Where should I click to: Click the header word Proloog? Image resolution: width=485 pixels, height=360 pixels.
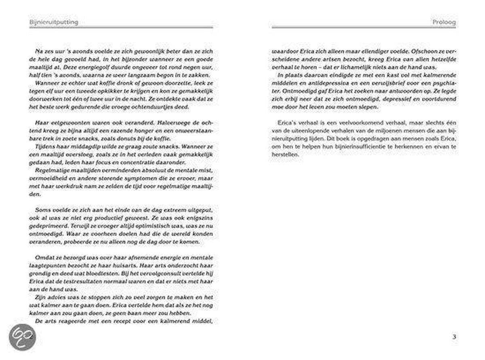click(x=444, y=23)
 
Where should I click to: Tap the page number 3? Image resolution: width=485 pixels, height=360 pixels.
click(x=454, y=337)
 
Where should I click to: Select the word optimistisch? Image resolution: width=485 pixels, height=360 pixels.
click(x=143, y=227)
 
